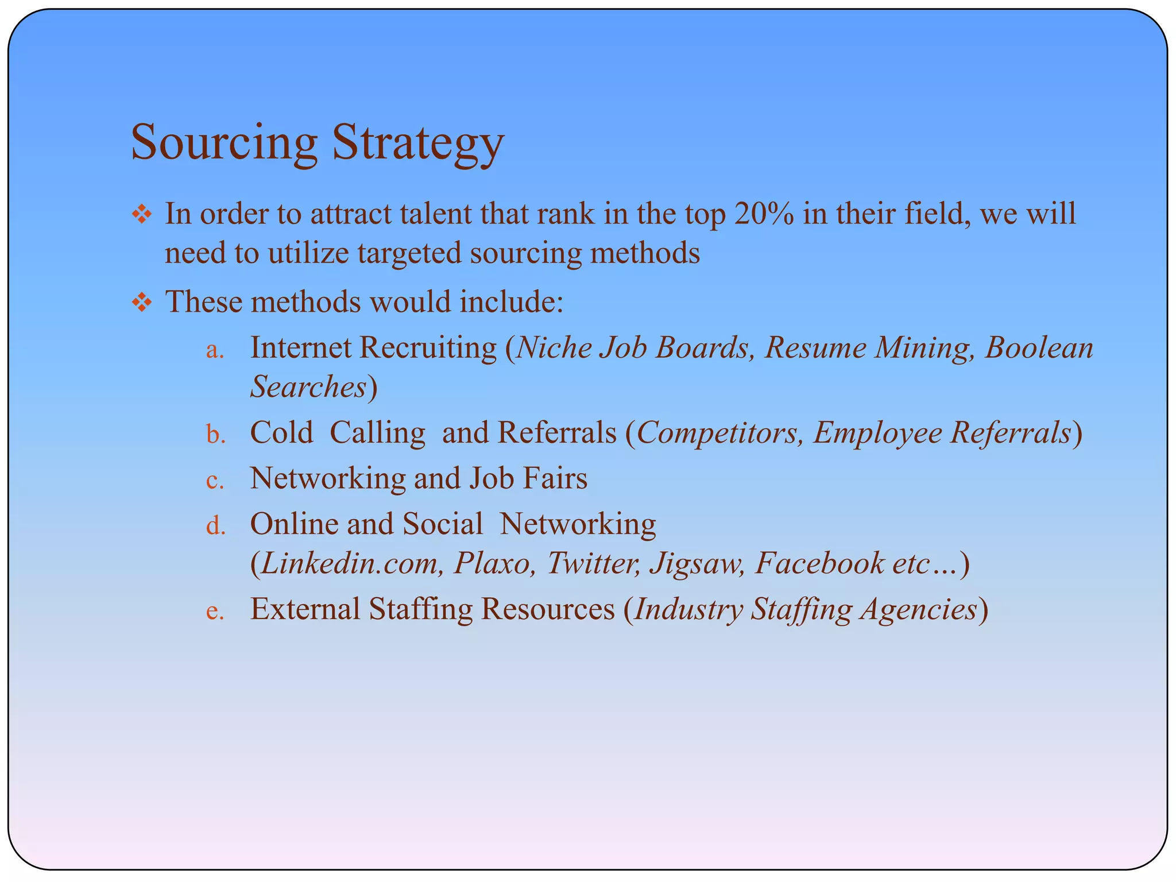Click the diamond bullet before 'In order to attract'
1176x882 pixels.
click(142, 215)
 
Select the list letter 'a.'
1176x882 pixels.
click(215, 350)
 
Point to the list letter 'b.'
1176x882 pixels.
click(215, 435)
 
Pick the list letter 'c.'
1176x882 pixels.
click(215, 481)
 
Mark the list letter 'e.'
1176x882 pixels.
click(215, 612)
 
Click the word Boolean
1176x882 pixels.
click(1039, 348)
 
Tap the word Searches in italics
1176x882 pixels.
click(308, 386)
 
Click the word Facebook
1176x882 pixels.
click(819, 563)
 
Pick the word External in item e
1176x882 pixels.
click(305, 609)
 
